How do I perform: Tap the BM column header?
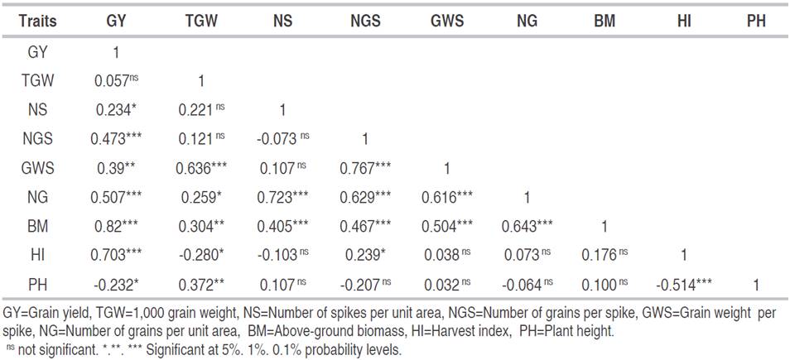605,22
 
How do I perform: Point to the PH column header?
756,22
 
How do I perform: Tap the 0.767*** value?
363,169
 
